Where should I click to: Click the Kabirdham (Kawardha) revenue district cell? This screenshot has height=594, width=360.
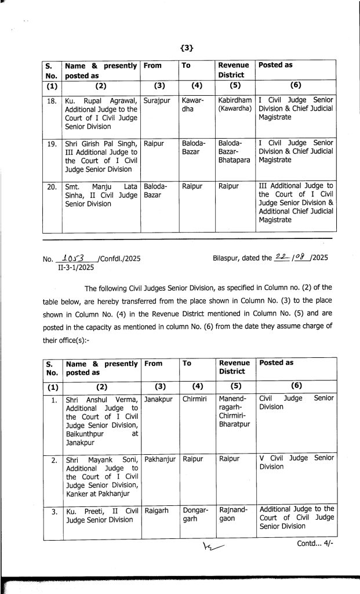(x=235, y=104)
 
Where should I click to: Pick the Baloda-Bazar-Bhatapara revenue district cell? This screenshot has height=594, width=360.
(x=234, y=151)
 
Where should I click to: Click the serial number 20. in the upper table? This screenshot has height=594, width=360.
(x=51, y=187)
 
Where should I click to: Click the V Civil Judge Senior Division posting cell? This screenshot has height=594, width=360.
(x=296, y=462)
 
